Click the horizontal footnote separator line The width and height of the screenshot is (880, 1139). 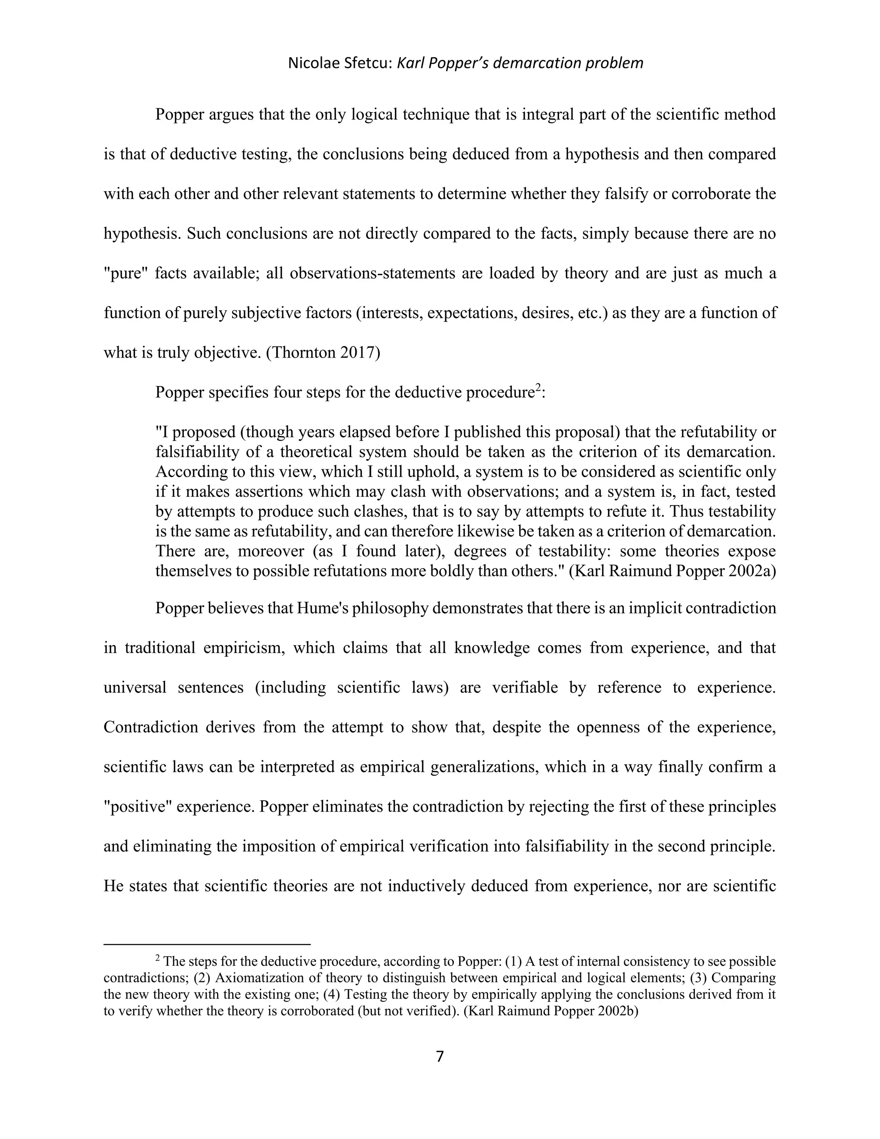[x=207, y=944]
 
